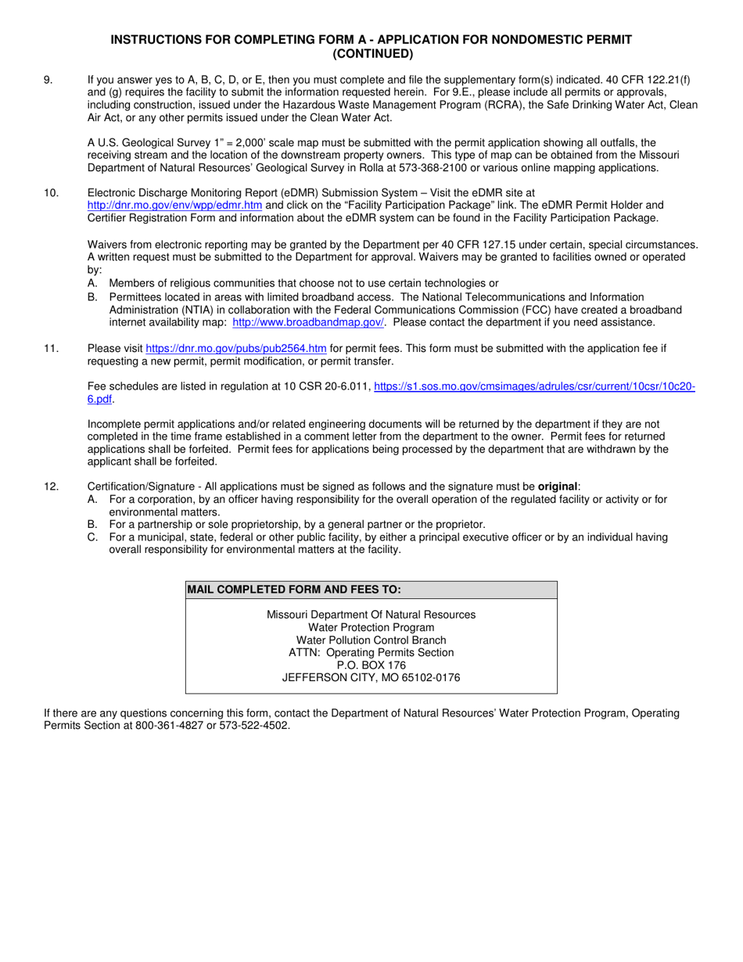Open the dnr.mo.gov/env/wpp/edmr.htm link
coord(174,205)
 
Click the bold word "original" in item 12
coord(558,486)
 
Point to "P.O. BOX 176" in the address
coord(371,665)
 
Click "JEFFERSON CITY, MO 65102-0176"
coord(371,677)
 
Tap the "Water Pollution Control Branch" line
coord(371,640)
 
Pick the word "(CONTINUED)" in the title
coord(371,54)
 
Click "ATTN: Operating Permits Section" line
coord(371,652)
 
